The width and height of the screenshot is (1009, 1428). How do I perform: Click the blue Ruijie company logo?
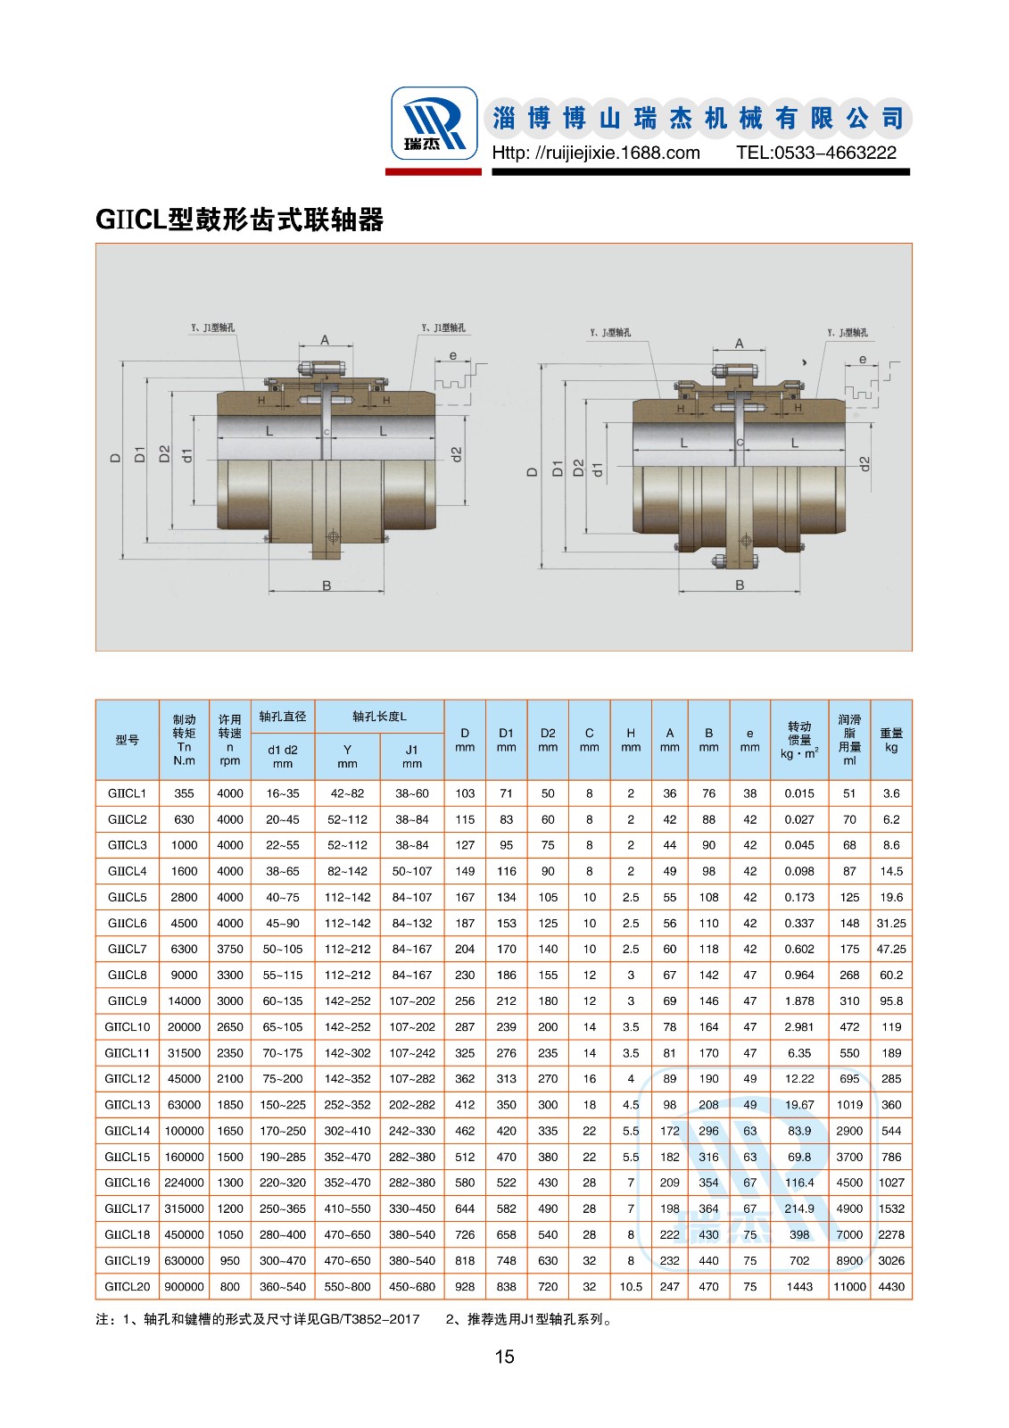point(434,123)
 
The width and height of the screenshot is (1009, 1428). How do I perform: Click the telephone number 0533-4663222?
point(816,153)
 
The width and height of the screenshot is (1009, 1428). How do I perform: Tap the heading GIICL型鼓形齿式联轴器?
point(239,220)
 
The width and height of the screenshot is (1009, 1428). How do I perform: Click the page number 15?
point(504,1357)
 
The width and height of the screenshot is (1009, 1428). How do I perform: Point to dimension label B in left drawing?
point(327,585)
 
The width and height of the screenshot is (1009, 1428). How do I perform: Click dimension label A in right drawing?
point(739,344)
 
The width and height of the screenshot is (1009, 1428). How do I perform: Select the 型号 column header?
point(128,740)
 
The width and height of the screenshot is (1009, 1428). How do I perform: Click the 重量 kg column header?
point(891,740)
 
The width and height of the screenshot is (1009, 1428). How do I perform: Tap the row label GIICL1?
point(128,793)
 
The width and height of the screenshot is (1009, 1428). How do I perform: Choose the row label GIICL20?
point(128,1287)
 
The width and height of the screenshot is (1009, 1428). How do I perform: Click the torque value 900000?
point(184,1287)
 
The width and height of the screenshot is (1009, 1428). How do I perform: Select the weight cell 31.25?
point(891,924)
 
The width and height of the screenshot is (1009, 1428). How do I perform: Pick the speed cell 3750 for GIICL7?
point(230,950)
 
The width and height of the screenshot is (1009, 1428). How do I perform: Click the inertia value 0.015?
point(799,793)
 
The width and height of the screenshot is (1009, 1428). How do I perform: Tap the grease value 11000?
point(849,1287)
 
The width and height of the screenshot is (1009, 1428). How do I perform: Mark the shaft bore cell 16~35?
point(283,793)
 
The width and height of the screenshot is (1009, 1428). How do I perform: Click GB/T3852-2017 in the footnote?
point(369,1319)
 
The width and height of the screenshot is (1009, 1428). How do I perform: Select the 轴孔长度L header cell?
point(380,717)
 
